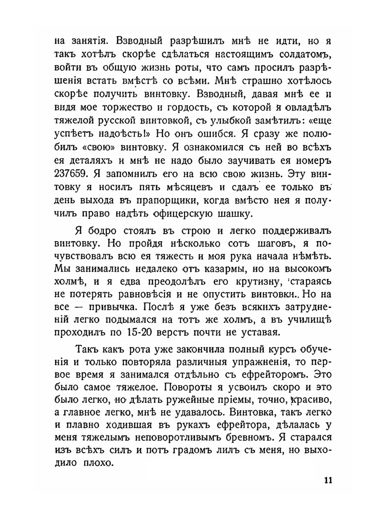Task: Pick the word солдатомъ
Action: (x=300, y=55)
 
